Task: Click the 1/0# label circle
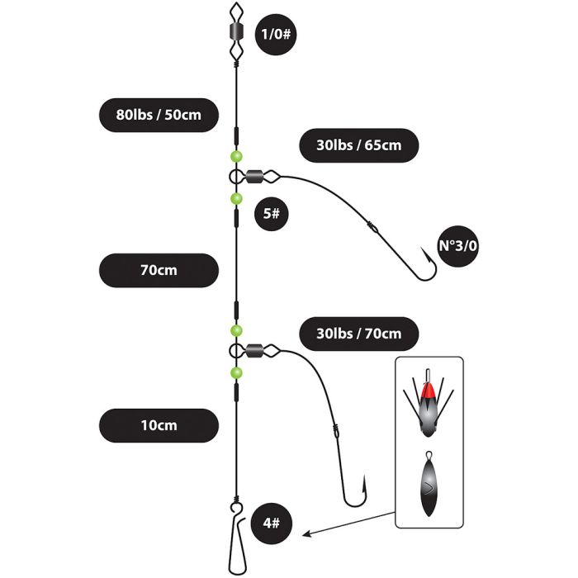point(276,35)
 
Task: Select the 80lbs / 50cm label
point(159,115)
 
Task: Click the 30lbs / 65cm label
point(358,145)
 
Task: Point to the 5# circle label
point(272,214)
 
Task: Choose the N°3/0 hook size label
point(457,246)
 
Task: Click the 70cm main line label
point(159,270)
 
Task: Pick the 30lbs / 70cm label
point(358,334)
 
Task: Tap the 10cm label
point(159,425)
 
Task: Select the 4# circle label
point(272,524)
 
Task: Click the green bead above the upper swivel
point(236,156)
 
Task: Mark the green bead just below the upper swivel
point(236,199)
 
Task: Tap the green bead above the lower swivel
point(236,330)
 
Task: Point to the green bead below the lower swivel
point(236,373)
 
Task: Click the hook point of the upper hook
point(422,249)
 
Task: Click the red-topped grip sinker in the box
point(428,403)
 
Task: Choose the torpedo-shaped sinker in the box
point(429,484)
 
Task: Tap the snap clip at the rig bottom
point(236,539)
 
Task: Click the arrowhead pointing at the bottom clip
point(306,533)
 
